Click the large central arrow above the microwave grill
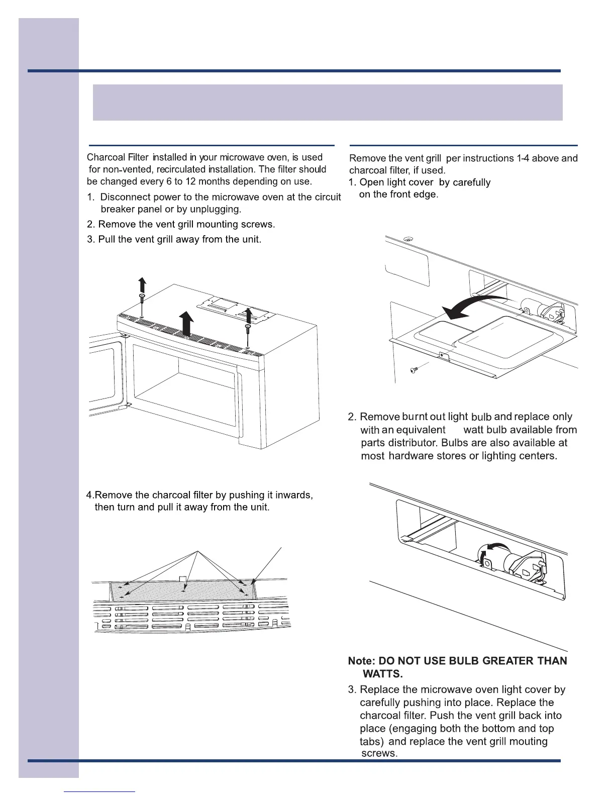187,322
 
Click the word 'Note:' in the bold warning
362,661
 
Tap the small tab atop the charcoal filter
183,580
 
